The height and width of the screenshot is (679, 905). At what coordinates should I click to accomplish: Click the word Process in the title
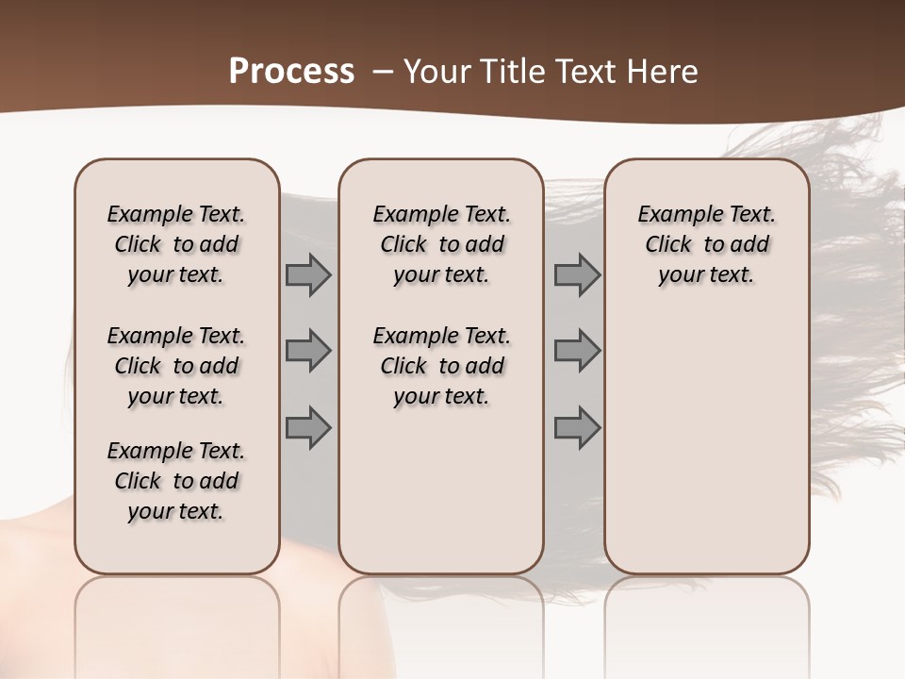coord(291,71)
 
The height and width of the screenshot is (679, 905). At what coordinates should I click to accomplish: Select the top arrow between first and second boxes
coord(308,275)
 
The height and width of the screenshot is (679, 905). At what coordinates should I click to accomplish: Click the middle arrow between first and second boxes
coord(308,352)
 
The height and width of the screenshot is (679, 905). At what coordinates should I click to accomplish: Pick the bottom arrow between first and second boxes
coord(308,427)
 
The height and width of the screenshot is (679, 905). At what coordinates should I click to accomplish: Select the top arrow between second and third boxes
coord(577,275)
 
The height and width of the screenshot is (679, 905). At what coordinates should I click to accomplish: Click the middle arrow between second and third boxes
coord(577,352)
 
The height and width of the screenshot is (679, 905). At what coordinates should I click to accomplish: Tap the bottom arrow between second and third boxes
coord(577,427)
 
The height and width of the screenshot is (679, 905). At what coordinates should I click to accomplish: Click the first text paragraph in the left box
coord(176,244)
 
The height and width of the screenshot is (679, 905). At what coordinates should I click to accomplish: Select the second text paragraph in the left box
coord(176,366)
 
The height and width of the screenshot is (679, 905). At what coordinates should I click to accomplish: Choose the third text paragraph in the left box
coord(176,481)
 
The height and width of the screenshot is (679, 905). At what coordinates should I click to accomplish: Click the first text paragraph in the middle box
coord(441,244)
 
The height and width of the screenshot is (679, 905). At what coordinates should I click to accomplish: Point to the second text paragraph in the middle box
coord(441,366)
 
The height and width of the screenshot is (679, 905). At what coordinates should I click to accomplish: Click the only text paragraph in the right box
coord(706,244)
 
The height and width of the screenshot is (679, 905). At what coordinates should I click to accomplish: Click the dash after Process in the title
coord(383,72)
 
